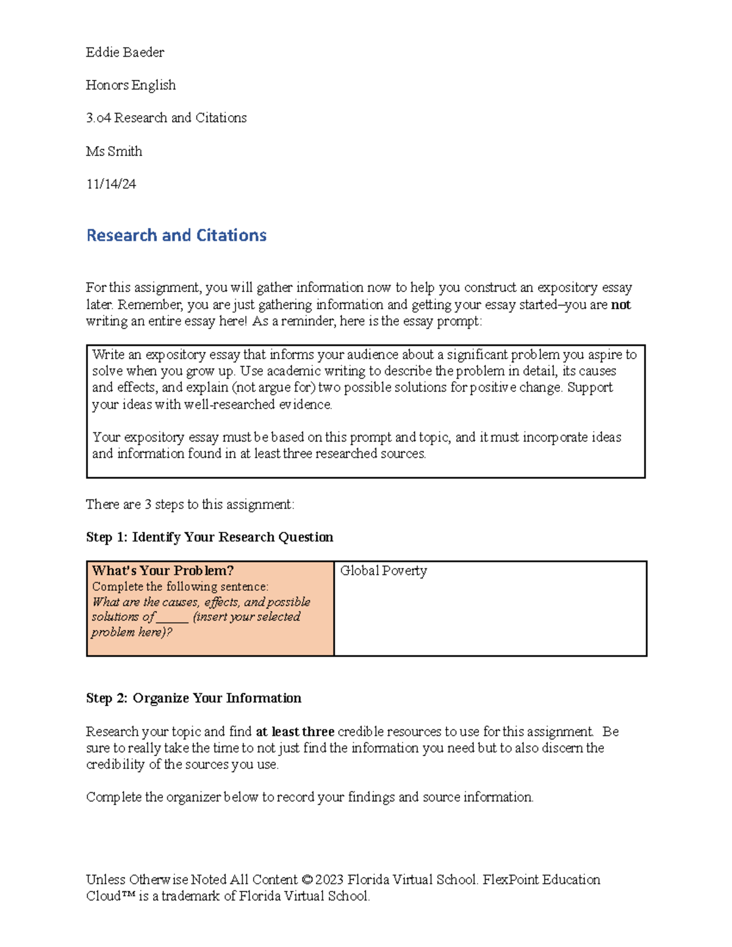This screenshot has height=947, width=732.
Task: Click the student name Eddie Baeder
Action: click(x=125, y=52)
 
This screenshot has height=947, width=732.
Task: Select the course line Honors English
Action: click(x=131, y=85)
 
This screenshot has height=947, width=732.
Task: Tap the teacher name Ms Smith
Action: click(x=114, y=151)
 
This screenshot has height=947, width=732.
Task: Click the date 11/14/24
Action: click(x=111, y=184)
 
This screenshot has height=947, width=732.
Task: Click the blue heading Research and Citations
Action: click(x=176, y=235)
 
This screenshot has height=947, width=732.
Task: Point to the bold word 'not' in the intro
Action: click(x=620, y=305)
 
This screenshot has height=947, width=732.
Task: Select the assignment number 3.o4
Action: click(x=98, y=118)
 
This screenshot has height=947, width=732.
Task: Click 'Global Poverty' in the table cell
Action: click(x=383, y=571)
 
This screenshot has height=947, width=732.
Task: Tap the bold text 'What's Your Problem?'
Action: click(x=163, y=571)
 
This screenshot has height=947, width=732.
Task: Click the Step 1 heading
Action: click(x=209, y=537)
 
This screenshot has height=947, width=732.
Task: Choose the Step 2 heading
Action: click(x=193, y=698)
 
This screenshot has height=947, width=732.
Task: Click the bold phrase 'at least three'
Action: click(x=295, y=732)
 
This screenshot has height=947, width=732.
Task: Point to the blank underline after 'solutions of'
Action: click(x=173, y=618)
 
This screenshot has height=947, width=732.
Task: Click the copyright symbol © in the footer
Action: click(x=307, y=880)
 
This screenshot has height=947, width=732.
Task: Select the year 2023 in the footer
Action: click(x=329, y=880)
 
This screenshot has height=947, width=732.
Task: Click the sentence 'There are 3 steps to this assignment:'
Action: click(x=190, y=504)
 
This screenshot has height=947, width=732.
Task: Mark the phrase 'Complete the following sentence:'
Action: click(x=180, y=587)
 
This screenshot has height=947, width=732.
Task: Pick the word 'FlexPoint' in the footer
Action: click(x=510, y=880)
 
